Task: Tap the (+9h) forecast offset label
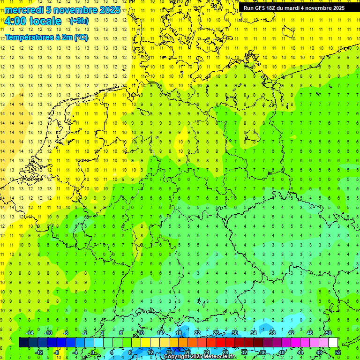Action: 78,21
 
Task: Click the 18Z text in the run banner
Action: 273,8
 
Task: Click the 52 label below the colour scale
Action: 338,352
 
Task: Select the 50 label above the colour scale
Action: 329,333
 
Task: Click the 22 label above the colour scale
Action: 197,333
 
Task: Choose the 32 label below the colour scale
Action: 244,352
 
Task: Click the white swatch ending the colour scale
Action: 333,343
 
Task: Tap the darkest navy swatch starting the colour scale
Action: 23,343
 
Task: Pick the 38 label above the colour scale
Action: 272,333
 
